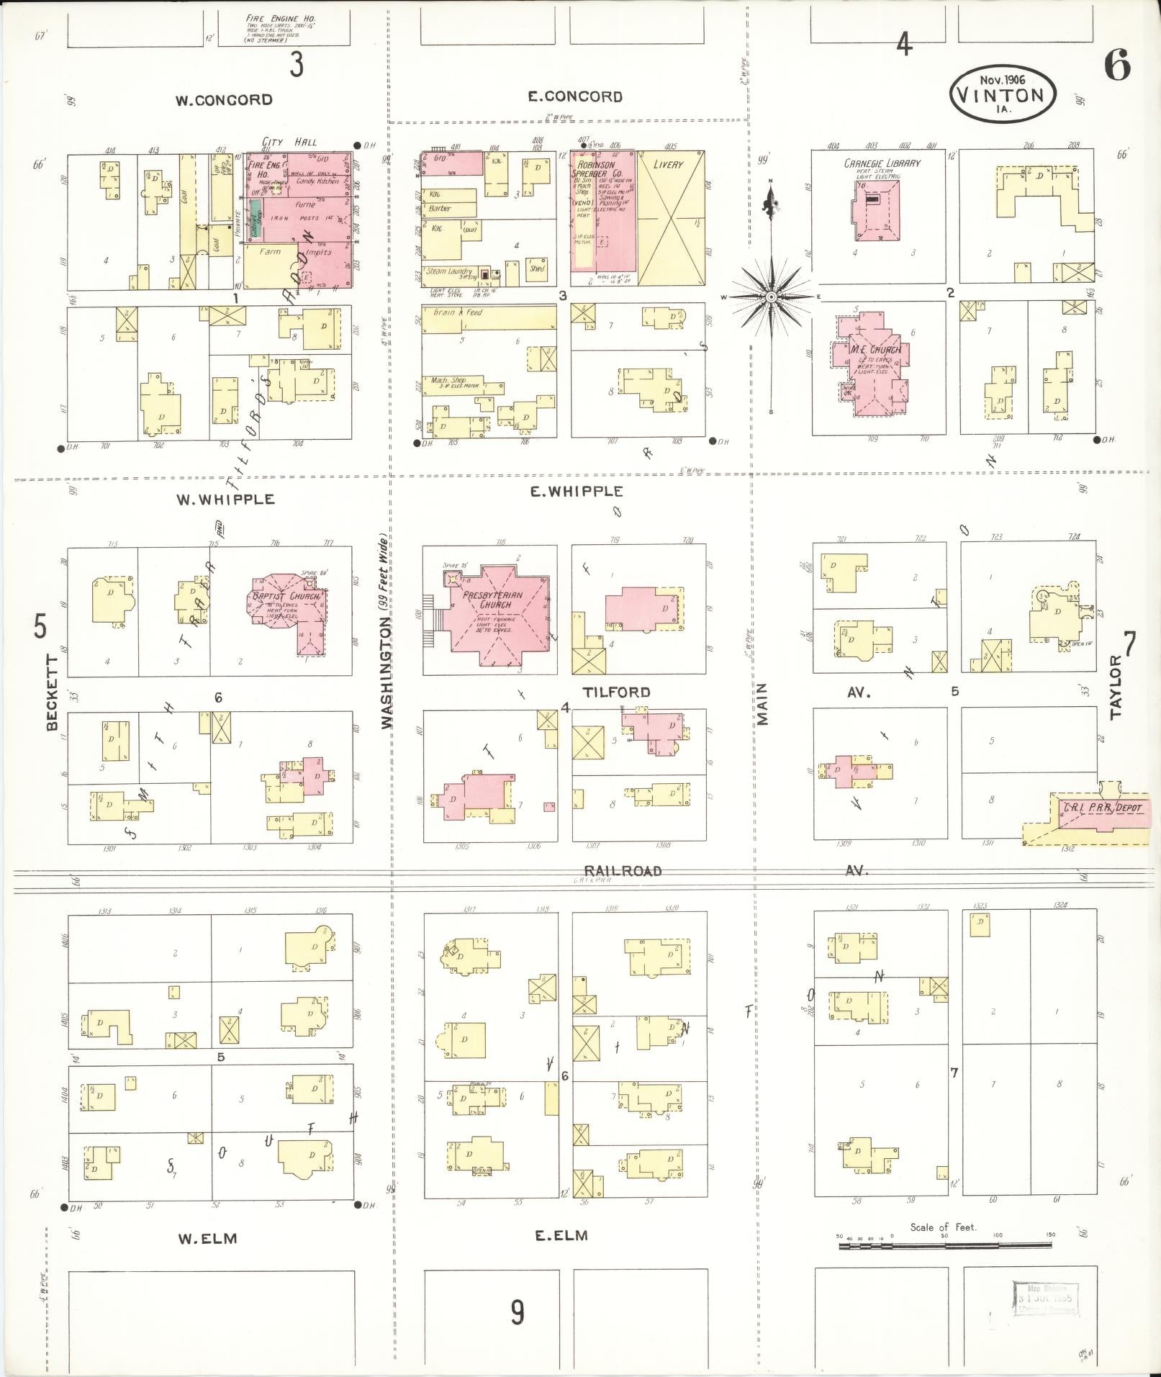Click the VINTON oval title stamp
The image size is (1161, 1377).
1002,94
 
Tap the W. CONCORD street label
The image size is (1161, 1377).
224,100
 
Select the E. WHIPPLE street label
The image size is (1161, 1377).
577,492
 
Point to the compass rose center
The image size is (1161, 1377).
771,296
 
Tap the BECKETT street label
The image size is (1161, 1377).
53,692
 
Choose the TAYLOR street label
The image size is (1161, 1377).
1116,687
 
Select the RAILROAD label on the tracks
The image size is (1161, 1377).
623,871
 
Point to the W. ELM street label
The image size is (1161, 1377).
207,1238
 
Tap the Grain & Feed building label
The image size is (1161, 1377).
458,313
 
